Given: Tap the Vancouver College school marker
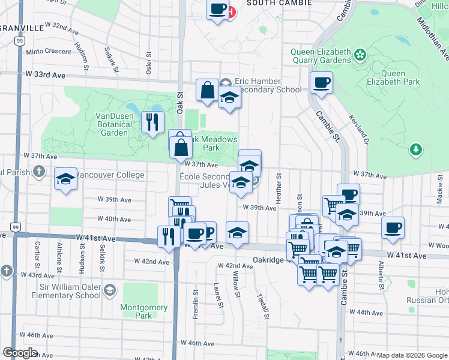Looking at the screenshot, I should [66, 179].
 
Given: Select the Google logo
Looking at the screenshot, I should [20, 352].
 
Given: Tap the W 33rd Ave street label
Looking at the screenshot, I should [41, 75].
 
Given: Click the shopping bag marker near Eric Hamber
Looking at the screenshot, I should [207, 91].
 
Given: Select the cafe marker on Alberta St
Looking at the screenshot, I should [393, 227].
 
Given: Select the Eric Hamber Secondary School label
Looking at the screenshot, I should [268, 85].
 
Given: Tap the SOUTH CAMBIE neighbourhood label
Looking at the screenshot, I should [280, 3].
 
